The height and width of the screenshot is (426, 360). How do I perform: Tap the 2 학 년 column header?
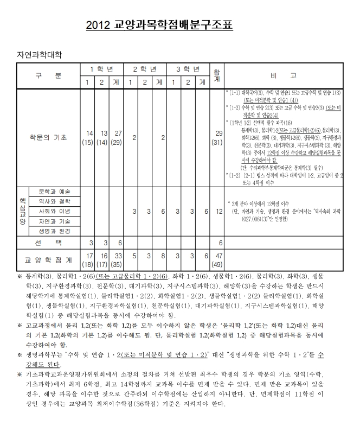pos(145,70)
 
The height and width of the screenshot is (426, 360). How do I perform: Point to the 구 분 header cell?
pos(48,76)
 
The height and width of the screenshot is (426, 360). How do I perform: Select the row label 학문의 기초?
pos(48,137)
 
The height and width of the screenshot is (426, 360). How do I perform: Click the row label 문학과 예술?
pos(54,192)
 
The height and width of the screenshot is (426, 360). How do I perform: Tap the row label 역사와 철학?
pos(54,201)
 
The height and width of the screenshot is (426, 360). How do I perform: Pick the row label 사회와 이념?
pos(54,211)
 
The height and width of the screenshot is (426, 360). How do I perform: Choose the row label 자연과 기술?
pos(54,221)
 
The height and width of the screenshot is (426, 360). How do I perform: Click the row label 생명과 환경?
pos(54,231)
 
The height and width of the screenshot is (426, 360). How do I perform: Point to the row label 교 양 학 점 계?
pos(48,260)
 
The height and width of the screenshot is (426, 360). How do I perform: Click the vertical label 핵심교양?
pos(23,211)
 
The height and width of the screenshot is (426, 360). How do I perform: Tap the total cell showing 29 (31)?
pos(218,138)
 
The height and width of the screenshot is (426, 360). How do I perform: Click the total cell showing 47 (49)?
pos(218,260)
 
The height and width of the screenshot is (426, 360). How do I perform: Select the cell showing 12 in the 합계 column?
pos(218,211)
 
